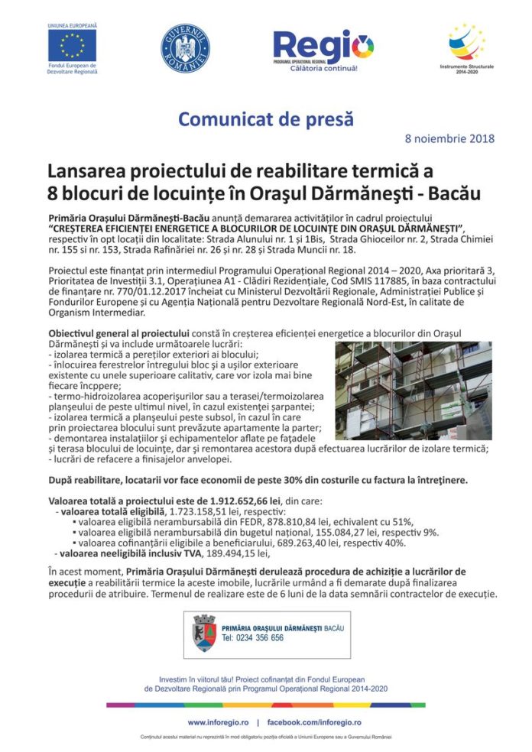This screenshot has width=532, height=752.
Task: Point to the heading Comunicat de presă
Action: (265, 119)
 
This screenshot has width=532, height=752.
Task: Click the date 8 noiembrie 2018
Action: (449, 139)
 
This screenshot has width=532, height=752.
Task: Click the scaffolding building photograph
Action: (413, 390)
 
